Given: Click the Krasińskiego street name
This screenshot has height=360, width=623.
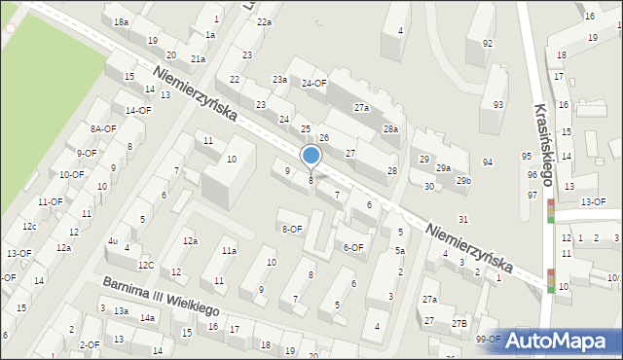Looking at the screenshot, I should tap(542, 144).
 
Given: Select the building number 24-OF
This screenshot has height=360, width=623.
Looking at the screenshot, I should tap(313, 84).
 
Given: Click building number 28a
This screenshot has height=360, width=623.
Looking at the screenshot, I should tap(390, 129).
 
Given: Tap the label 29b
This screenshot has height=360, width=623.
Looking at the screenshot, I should tap(464, 180).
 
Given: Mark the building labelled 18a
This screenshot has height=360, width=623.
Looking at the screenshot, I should tap(121, 21).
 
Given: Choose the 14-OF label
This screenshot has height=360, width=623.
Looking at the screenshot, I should tap(138, 110).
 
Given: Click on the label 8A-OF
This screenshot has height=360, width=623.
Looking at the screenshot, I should tap(103, 128).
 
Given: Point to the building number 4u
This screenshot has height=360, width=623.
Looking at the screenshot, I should tap(113, 240).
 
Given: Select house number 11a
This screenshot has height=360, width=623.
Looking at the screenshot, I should tap(229, 251).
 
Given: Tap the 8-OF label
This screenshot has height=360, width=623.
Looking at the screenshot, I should tap(292, 230).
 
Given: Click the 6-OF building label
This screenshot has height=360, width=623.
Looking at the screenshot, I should tap(354, 247).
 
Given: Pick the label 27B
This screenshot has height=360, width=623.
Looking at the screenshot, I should tap(458, 323).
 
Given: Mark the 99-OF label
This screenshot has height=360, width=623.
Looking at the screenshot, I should tap(488, 340).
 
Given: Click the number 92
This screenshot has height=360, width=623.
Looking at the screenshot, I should tap(488, 44).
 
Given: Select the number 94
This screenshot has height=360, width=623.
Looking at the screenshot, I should tap(488, 162).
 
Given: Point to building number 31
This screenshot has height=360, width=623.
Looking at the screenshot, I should tap(464, 220).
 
